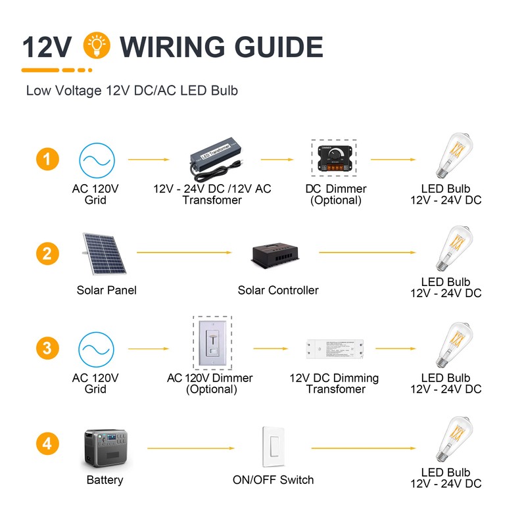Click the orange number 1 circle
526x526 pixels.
pyautogui.click(x=47, y=159)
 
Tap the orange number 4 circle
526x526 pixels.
pyautogui.click(x=47, y=444)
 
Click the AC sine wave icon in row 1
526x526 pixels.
pyautogui.click(x=97, y=160)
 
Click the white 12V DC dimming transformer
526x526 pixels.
pyautogui.click(x=335, y=350)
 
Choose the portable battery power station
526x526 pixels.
pyautogui.click(x=108, y=448)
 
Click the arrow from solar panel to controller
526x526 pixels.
pyautogui.click(x=184, y=252)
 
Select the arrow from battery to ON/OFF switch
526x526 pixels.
pyautogui.click(x=191, y=448)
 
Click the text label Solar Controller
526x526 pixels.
pyautogui.click(x=278, y=290)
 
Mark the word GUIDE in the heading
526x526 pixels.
pyautogui.click(x=261, y=48)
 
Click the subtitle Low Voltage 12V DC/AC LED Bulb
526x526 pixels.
pyautogui.click(x=131, y=91)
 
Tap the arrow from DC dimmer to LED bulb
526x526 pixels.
pyautogui.click(x=393, y=159)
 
